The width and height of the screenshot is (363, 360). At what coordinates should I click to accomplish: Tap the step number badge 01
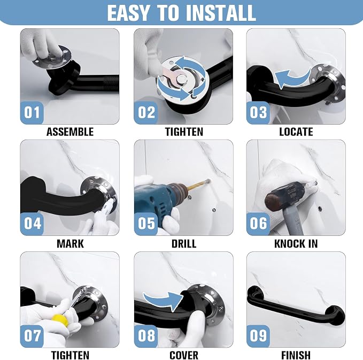pos(32,112)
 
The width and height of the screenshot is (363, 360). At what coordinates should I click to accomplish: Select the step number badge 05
pos(145,224)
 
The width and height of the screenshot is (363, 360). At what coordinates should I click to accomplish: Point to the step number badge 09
pos(258,336)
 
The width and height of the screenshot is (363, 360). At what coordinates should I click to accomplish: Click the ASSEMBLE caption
pos(70,132)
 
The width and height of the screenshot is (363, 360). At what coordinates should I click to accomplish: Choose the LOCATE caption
pos(296,132)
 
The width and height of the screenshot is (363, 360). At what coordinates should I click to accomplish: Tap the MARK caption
pos(70,244)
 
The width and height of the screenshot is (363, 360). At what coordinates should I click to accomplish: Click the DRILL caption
pos(184,244)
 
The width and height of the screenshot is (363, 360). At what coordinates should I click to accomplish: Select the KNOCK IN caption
pos(296,244)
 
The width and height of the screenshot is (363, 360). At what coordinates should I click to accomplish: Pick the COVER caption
pos(184,355)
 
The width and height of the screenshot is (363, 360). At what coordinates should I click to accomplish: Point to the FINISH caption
pos(296,355)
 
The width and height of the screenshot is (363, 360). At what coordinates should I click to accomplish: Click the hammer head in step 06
pos(285,196)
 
